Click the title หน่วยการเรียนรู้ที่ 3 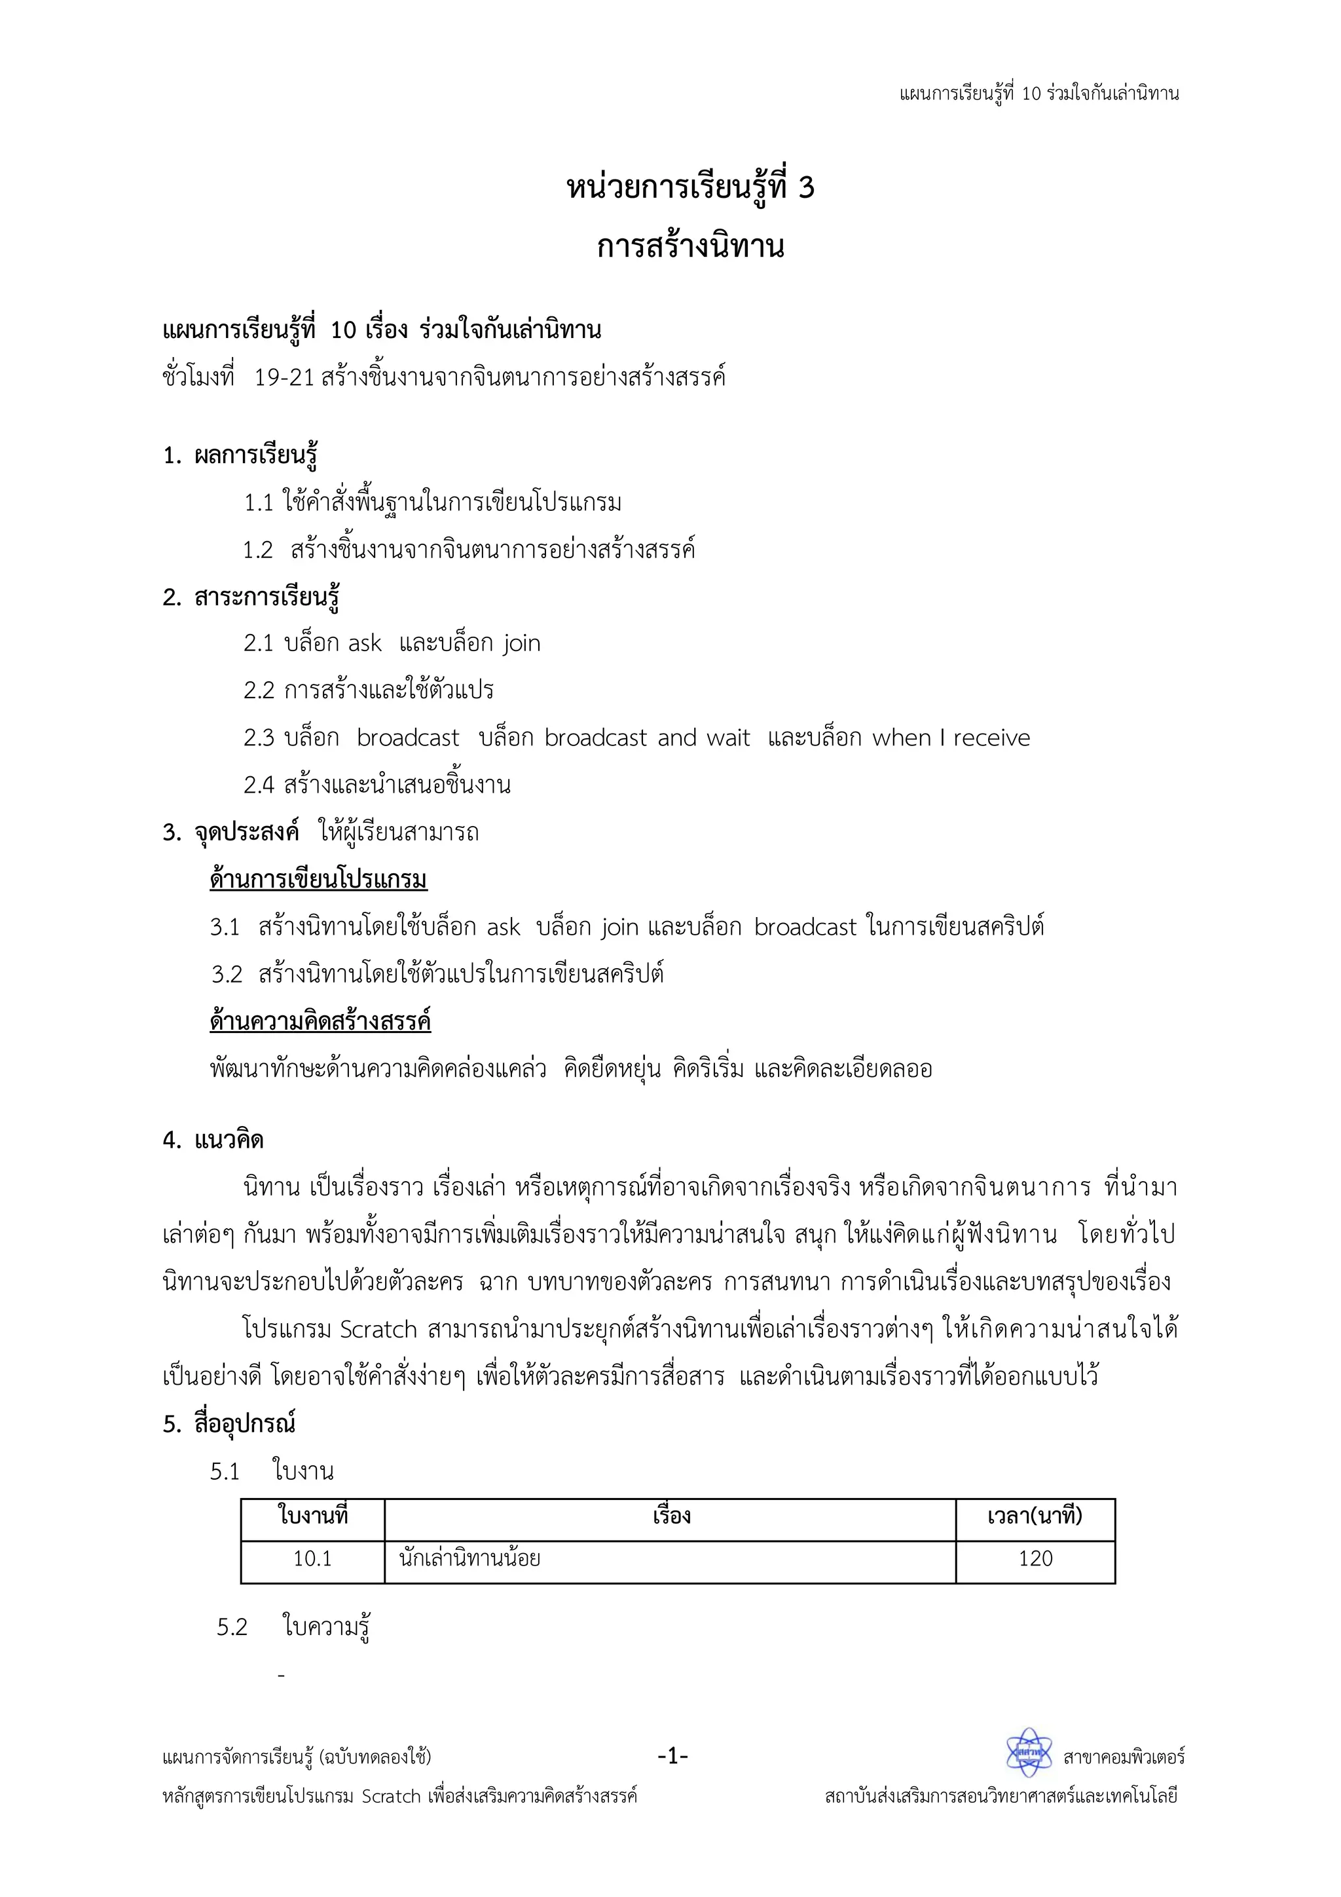coord(690,189)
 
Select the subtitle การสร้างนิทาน coord(690,247)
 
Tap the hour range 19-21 coord(284,379)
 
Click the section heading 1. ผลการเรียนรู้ coord(240,455)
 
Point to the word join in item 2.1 coord(522,644)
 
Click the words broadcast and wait coord(648,738)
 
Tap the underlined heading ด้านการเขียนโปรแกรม coord(319,880)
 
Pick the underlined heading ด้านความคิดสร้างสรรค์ coord(320,1022)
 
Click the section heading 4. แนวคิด coord(213,1141)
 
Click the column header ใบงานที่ coord(313,1516)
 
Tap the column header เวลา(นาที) coord(1035,1516)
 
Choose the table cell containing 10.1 coord(313,1559)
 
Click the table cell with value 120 coord(1035,1559)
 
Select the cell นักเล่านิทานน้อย coord(470,1559)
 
